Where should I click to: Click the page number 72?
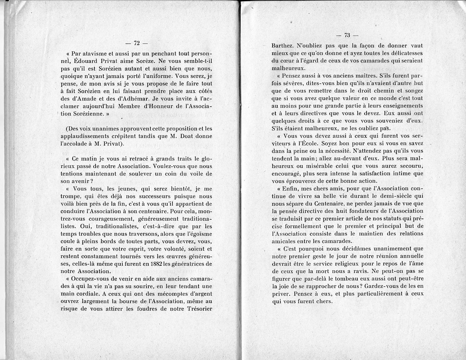[x=136, y=43]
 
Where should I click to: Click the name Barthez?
[x=283, y=46]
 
